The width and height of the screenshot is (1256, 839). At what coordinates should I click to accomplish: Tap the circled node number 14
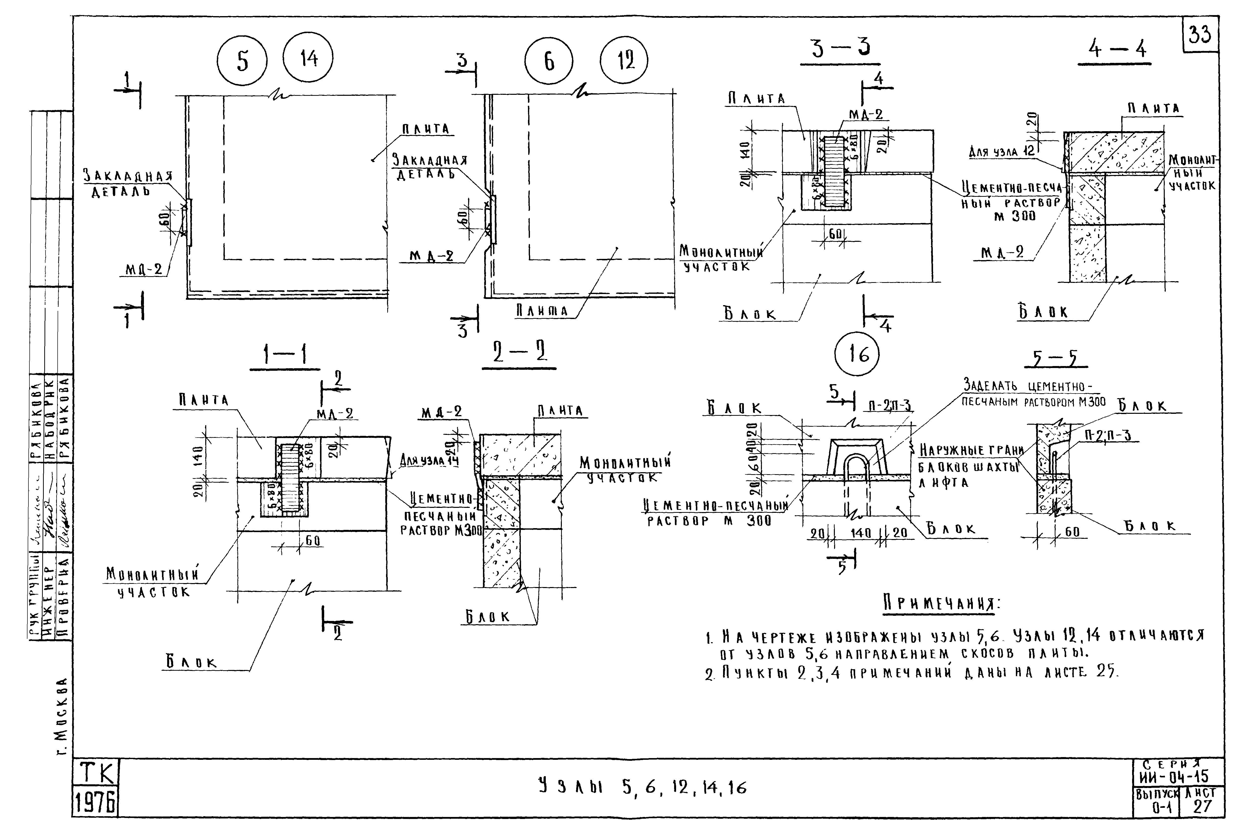click(x=308, y=57)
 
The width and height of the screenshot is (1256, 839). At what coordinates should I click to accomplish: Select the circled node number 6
click(x=548, y=62)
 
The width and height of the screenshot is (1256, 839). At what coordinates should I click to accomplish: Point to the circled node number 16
click(x=857, y=355)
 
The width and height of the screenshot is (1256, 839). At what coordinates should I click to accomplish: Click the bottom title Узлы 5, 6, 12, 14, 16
click(x=642, y=787)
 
